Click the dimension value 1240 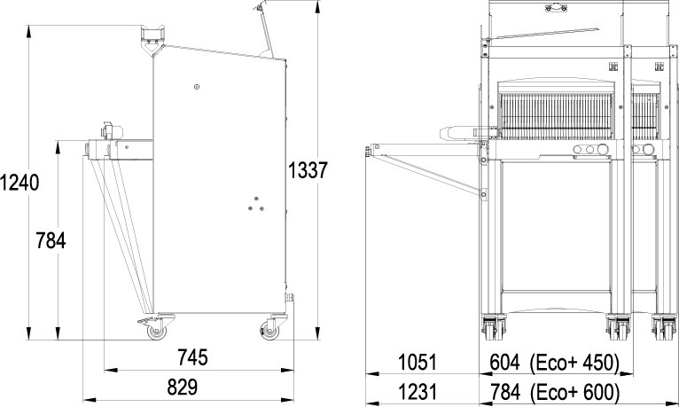(20, 182)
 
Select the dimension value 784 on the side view (51, 240)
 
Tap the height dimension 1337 (308, 169)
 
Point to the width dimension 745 (192, 357)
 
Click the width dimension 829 (183, 387)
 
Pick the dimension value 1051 (418, 362)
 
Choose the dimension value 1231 (418, 392)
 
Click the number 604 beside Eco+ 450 (504, 362)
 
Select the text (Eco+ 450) (574, 363)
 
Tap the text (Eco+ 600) (574, 393)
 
